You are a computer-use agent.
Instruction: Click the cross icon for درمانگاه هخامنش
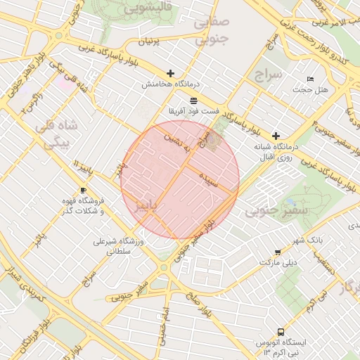[x=170, y=73]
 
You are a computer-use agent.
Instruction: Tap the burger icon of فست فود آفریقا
[x=194, y=101]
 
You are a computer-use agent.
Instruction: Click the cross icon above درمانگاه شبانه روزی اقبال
[x=276, y=135]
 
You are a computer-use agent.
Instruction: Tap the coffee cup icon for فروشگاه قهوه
[x=84, y=190]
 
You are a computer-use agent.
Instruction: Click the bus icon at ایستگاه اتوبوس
[x=281, y=331]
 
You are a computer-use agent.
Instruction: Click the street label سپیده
[x=209, y=179]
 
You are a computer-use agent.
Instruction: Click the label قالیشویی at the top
[x=146, y=9]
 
